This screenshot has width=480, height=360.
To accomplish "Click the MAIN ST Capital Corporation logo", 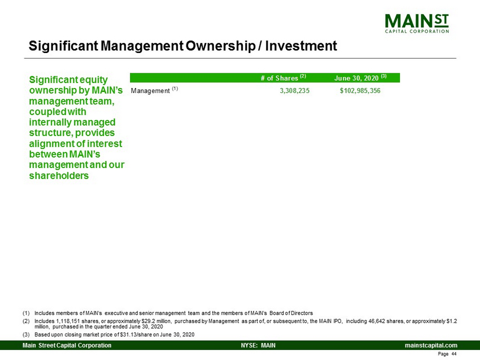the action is [417, 24].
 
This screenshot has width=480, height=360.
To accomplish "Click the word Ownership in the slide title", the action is [220, 46].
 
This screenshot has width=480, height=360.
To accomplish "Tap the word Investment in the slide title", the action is [301, 46].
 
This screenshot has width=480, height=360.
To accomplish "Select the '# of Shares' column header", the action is [283, 78].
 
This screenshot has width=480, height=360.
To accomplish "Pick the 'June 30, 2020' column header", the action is [360, 78].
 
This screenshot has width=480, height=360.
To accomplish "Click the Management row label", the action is [154, 90].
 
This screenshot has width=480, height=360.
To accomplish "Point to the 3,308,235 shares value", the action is [294, 90].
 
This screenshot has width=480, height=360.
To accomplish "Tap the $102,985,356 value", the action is [360, 90].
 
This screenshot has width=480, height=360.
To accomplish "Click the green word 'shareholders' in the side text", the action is [59, 175].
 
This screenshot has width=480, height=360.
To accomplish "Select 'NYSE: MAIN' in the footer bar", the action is [258, 345].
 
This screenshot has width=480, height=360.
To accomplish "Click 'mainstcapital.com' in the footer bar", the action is [431, 345].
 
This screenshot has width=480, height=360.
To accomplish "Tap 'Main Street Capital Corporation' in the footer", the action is [67, 345].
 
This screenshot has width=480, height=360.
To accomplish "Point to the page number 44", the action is [453, 354].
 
